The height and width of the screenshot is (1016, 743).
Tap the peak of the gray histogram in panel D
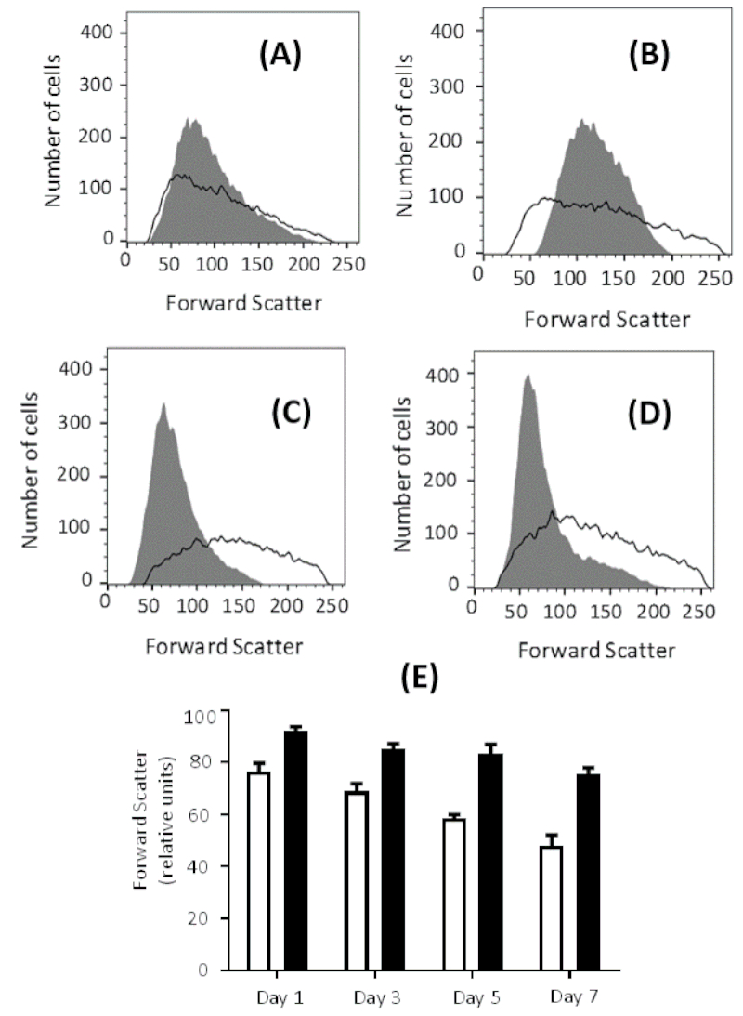tap(528, 376)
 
